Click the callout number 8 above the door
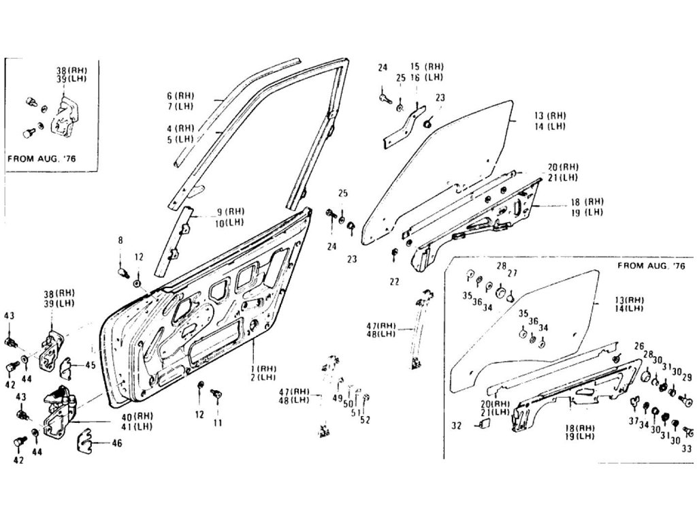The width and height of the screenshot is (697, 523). coord(120,240)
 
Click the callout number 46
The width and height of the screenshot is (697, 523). coord(117,444)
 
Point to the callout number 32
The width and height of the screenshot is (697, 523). coord(455,426)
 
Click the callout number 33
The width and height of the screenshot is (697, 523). coord(686,448)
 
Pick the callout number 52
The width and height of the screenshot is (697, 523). coord(365,419)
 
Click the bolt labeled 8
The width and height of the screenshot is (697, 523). coord(124,272)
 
